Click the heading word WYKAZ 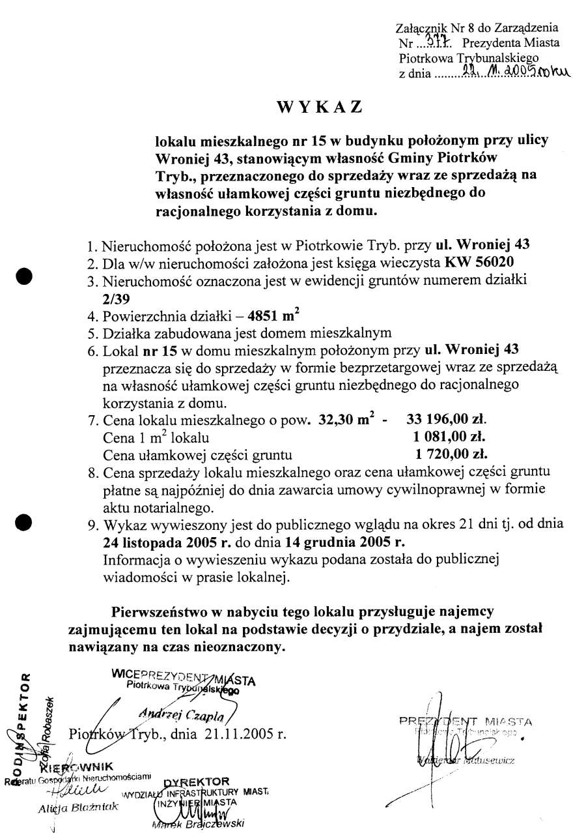click(319, 108)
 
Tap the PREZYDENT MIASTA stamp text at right click(466, 722)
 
